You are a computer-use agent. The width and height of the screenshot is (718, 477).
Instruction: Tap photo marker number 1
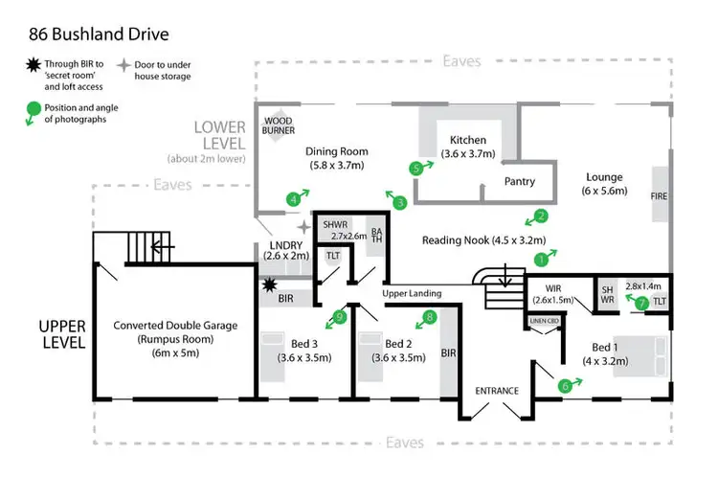click(541, 258)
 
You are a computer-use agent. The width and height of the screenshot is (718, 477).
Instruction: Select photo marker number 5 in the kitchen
click(416, 168)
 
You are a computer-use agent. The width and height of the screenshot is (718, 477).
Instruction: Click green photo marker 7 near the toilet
click(642, 303)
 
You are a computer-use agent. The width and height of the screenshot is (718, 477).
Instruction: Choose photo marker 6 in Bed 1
click(566, 386)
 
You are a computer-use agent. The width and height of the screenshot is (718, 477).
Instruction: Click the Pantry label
click(519, 182)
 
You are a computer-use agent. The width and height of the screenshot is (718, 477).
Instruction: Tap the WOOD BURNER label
click(280, 125)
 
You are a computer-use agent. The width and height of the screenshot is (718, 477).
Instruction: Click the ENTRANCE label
click(497, 391)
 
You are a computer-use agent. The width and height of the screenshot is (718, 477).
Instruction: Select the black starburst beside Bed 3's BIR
click(270, 285)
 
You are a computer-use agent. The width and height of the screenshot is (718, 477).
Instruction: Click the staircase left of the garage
click(150, 247)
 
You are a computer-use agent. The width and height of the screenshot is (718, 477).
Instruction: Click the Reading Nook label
click(483, 240)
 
